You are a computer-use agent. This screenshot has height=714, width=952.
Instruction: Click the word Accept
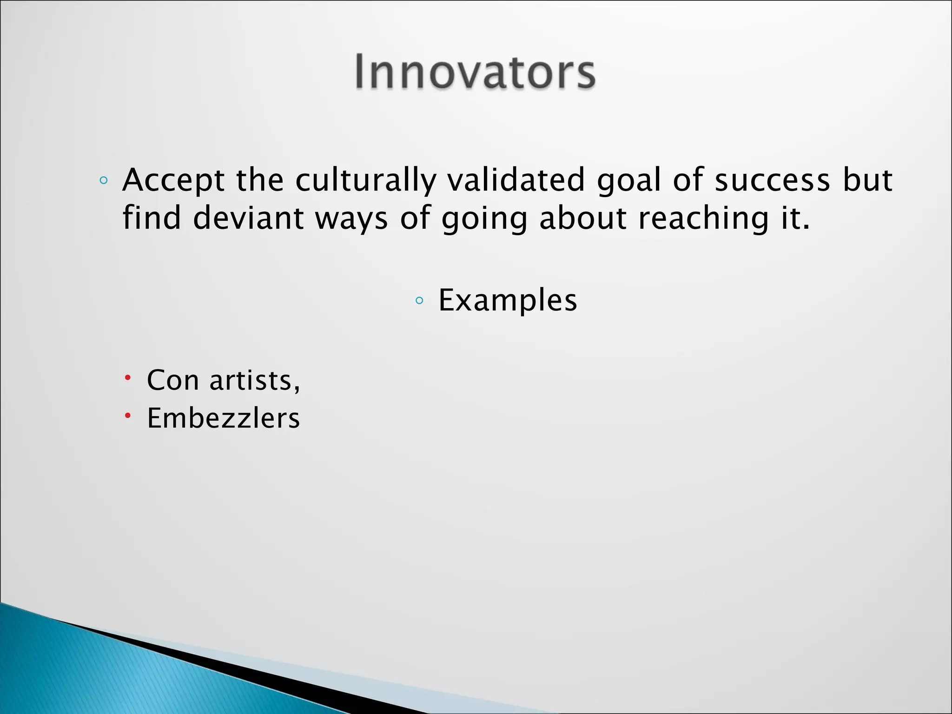coord(173,180)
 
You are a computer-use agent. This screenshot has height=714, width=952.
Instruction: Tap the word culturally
coord(366,180)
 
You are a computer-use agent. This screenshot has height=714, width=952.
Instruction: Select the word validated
coord(516,180)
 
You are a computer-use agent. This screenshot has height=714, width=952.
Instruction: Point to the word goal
coord(628,181)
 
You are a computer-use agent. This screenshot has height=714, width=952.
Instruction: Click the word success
coord(772,180)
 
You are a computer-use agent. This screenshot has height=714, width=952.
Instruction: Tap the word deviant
coord(248,218)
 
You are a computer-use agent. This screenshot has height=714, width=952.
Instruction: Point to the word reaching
coord(703,219)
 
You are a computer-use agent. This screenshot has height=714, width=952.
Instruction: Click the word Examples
coord(508,300)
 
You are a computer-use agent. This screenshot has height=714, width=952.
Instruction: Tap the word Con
coord(173,380)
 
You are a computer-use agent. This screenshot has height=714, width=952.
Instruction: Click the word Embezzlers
coord(223,418)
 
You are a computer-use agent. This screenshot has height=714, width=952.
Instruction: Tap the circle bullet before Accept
coord(103,180)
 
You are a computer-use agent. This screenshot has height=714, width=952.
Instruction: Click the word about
coord(583,218)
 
